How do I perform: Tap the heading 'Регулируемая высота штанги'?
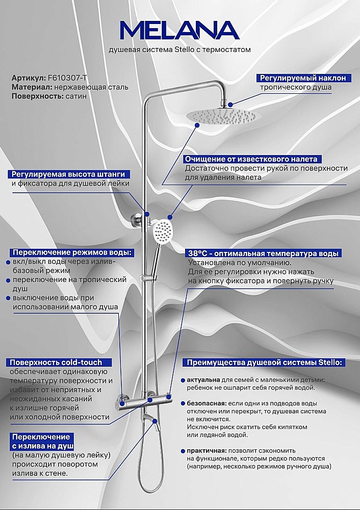(x=68, y=174)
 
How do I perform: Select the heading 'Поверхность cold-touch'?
(x=55, y=362)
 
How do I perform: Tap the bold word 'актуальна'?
(x=203, y=380)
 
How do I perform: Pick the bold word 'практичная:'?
(x=207, y=451)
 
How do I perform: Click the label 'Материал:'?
(x=30, y=87)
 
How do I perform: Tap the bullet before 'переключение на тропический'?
(x=8, y=280)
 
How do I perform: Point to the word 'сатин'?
(x=75, y=96)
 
